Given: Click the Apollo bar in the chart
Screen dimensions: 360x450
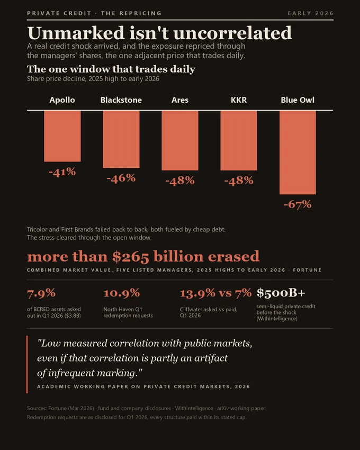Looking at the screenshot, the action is coord(62,136).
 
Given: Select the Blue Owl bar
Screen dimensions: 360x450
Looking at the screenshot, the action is coord(298,152).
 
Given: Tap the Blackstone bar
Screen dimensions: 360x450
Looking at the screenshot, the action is coord(121,139).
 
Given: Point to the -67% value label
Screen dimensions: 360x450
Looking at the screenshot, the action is coord(298,204).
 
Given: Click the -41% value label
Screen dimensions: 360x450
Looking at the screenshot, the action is coord(62,172).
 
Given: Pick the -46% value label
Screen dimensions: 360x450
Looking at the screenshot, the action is coord(121,178).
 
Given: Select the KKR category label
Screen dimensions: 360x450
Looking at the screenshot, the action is coord(239,100).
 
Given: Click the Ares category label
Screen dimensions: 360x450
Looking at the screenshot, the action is coord(180,100).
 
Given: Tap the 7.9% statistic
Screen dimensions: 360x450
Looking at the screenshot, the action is coord(41,293).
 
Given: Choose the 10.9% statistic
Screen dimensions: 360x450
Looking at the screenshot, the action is coord(122,293).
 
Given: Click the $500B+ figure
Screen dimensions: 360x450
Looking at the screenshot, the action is coord(281,293).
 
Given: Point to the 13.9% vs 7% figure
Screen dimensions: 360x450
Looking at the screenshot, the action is coord(216,293).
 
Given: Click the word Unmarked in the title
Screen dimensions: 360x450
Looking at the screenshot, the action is coord(76,33).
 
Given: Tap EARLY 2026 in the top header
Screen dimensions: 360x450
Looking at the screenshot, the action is coord(311,13).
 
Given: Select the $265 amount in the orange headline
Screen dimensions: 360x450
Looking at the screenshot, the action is coord(131,257).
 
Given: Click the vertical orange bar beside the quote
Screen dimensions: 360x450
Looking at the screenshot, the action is coord(27,364).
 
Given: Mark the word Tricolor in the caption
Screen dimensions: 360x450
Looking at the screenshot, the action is coord(37,229).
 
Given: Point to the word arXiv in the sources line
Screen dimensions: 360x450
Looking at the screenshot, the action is coord(223,408).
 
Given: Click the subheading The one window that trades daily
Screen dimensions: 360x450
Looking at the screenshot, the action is coord(111,69).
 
